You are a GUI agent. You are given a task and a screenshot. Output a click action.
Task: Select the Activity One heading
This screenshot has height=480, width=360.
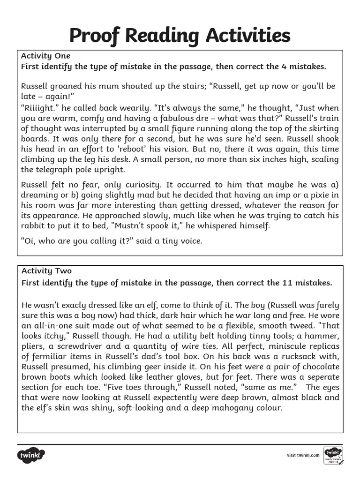(x=45, y=56)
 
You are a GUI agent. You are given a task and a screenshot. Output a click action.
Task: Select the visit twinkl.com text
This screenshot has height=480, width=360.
(x=303, y=455)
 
